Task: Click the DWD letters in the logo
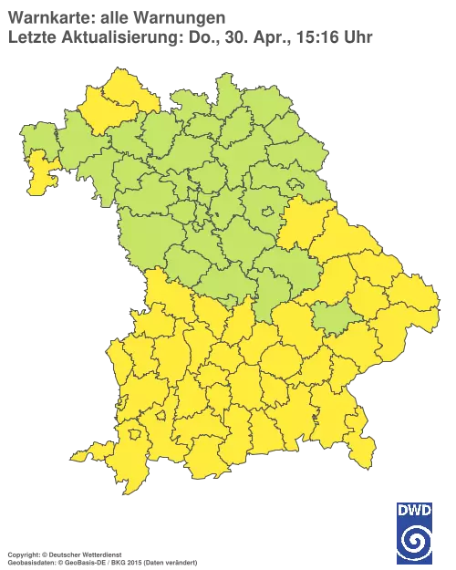(415, 510)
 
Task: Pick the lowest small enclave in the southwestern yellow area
(138, 447)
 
